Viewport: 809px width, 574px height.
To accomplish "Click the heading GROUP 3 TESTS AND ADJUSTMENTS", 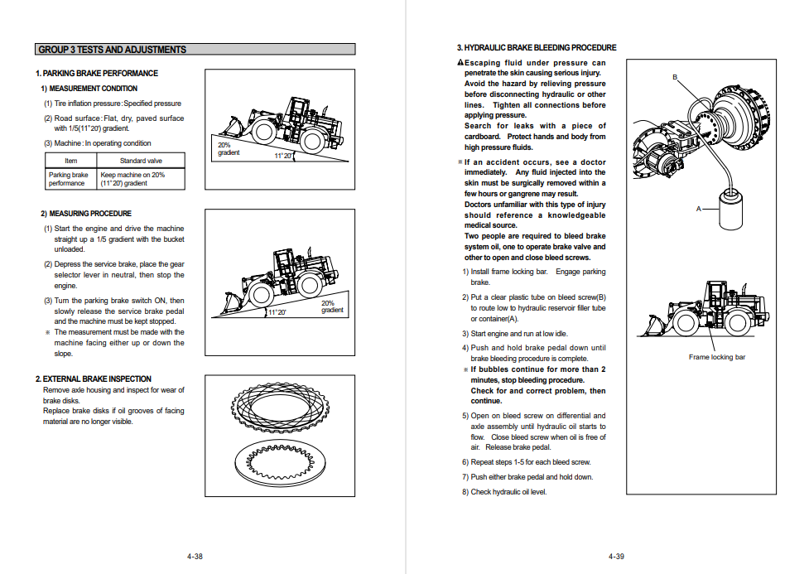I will click(x=113, y=50).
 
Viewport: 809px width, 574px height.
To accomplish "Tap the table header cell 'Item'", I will click(x=71, y=161).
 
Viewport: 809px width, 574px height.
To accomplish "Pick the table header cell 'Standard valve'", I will click(x=141, y=161).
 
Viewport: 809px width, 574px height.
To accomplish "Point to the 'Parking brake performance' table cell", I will click(x=69, y=179).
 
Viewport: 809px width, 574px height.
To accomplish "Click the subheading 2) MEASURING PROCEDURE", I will click(x=86, y=214).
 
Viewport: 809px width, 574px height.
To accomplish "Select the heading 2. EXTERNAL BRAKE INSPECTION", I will click(x=93, y=379).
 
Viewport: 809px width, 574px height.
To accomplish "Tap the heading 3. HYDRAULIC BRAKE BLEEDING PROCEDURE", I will click(x=537, y=48).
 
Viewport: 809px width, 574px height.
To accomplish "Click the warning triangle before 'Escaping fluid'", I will click(x=460, y=63).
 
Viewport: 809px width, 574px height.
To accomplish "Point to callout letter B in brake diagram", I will click(x=675, y=77).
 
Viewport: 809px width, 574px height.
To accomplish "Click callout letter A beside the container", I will click(x=698, y=209).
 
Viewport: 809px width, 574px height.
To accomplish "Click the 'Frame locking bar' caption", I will click(x=716, y=358).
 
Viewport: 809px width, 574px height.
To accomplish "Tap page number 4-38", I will click(x=195, y=557).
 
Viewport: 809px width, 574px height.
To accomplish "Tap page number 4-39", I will click(x=615, y=557).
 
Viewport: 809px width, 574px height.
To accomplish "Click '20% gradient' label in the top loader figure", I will click(x=229, y=149).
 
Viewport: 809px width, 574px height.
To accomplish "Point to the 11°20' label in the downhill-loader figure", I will click(x=277, y=312).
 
